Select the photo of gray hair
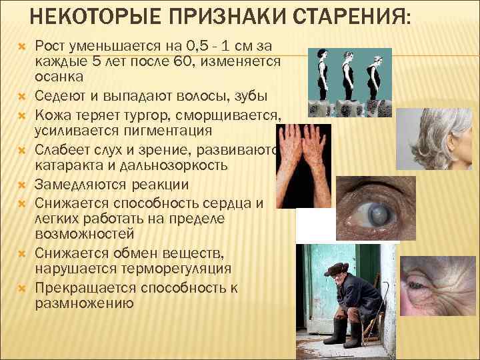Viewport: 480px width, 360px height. click(433, 133)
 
